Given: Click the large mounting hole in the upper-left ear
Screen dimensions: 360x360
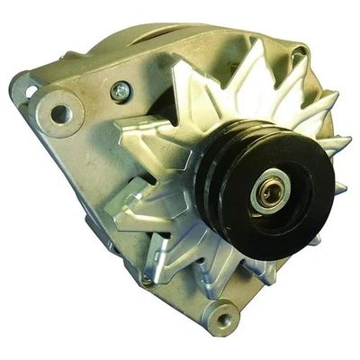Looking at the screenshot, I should (60, 113).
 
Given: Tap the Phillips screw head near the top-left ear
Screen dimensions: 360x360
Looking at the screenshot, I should (118, 90).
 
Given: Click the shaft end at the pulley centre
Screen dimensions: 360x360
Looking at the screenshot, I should (266, 193).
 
